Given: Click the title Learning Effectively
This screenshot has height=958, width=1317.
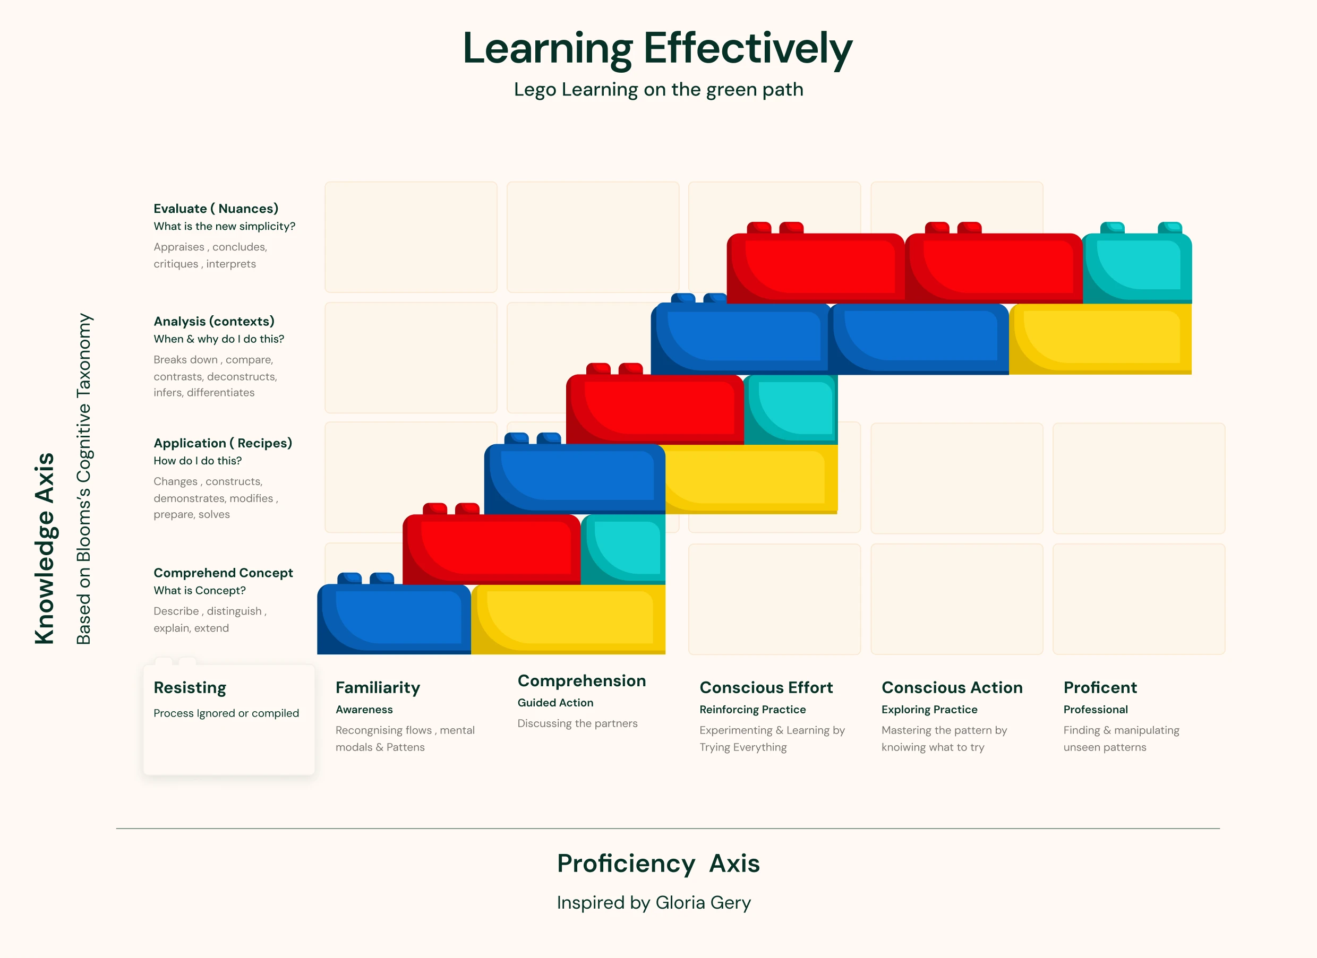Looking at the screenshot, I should pyautogui.click(x=657, y=49).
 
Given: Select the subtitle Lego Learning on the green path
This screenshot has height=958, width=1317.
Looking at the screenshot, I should pyautogui.click(x=658, y=90).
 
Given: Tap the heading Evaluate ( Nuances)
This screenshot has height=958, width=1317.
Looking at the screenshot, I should pyautogui.click(x=216, y=208).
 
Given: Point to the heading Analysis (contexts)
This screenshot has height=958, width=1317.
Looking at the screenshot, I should pyautogui.click(x=213, y=321).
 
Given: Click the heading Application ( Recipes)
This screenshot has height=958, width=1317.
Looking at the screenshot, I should pyautogui.click(x=223, y=443).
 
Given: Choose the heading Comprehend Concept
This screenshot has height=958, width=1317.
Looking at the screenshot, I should pyautogui.click(x=223, y=573).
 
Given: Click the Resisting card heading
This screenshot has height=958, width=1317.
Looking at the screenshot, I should pyautogui.click(x=190, y=688).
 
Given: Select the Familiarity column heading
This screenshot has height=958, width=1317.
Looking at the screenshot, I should pyautogui.click(x=378, y=688).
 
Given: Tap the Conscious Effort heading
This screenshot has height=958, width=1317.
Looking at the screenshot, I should pyautogui.click(x=766, y=688).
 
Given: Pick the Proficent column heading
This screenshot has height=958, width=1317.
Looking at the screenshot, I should pyautogui.click(x=1100, y=688).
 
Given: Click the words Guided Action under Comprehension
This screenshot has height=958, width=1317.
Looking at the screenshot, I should pyautogui.click(x=555, y=703).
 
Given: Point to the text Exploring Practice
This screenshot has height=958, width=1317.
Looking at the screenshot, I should pyautogui.click(x=929, y=710).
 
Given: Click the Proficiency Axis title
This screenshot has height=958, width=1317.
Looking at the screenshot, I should pyautogui.click(x=658, y=864).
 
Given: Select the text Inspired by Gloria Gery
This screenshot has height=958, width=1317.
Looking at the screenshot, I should pyautogui.click(x=654, y=903).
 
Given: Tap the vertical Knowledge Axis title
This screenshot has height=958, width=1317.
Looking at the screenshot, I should pyautogui.click(x=45, y=548).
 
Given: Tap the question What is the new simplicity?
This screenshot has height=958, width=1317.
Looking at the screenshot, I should pyautogui.click(x=224, y=226).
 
